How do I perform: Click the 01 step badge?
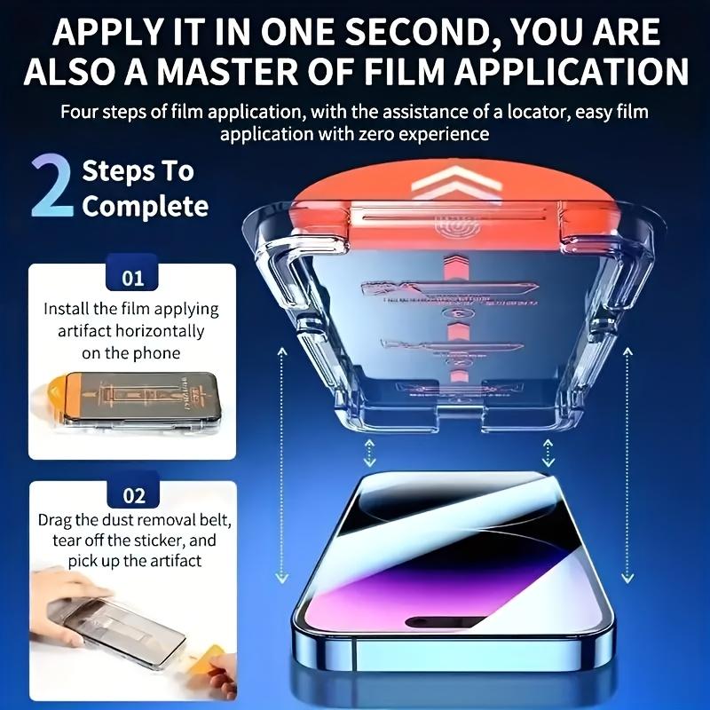[132, 279]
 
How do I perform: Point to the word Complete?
[145, 207]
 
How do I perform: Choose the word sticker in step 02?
[156, 540]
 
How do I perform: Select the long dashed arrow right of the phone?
[628, 461]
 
